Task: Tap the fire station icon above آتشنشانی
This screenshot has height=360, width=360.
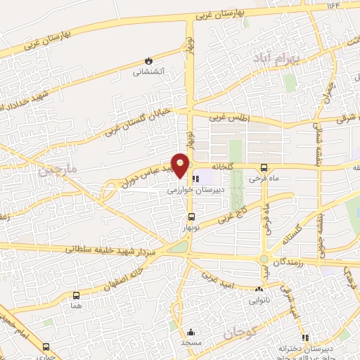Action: [x=148, y=61]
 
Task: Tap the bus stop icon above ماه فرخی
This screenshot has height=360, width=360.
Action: [x=264, y=167]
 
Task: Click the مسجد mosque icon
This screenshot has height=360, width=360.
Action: [x=190, y=332]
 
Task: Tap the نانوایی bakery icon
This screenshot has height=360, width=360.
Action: [x=259, y=289]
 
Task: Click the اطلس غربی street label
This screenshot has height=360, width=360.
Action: [x=229, y=119]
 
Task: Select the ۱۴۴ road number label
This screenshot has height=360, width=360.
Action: [x=332, y=6]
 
